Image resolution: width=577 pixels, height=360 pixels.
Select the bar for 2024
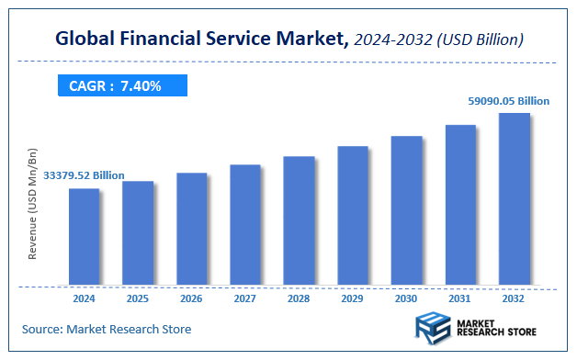tap(84, 236)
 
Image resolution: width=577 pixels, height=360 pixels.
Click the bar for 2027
tap(245, 224)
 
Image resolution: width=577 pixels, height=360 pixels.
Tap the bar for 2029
tap(353, 215)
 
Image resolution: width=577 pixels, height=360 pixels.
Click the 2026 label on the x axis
tap(191, 298)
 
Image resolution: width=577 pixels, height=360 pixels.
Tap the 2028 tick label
tap(299, 298)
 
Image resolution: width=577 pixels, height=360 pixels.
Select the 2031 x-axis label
tap(460, 298)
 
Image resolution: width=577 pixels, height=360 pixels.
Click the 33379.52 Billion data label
tap(84, 175)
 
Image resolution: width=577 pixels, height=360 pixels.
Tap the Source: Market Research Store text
tap(107, 328)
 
